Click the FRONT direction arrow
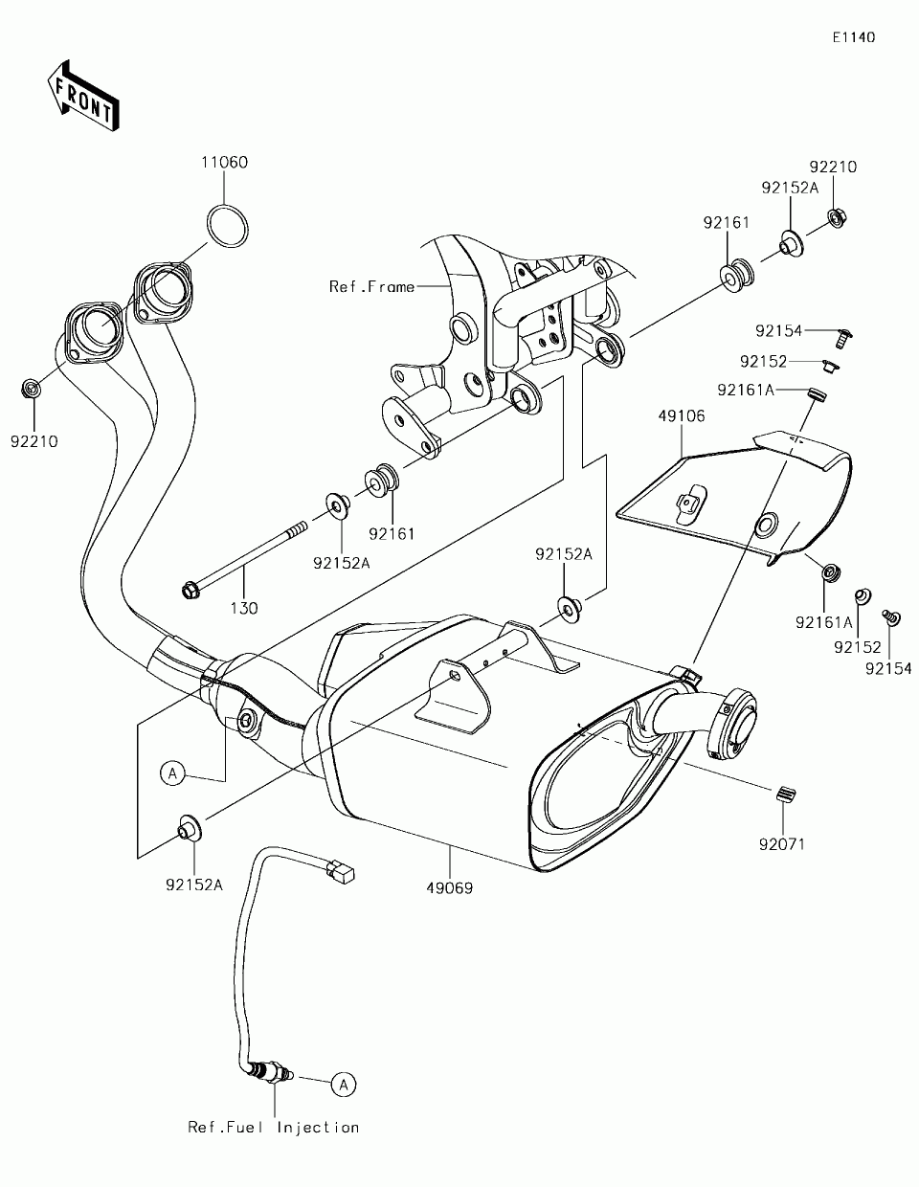[x=83, y=96]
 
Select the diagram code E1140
[x=854, y=37]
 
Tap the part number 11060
[x=224, y=162]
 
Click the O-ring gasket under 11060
[x=228, y=226]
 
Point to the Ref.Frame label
[x=371, y=287]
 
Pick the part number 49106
[x=682, y=415]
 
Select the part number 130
[x=244, y=608]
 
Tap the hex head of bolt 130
[x=190, y=591]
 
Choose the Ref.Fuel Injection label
[x=274, y=1127]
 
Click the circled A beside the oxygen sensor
[x=344, y=1085]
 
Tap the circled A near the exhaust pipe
[x=172, y=773]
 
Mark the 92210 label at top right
[x=833, y=167]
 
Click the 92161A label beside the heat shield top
[x=746, y=390]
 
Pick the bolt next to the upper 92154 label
[x=844, y=338]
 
